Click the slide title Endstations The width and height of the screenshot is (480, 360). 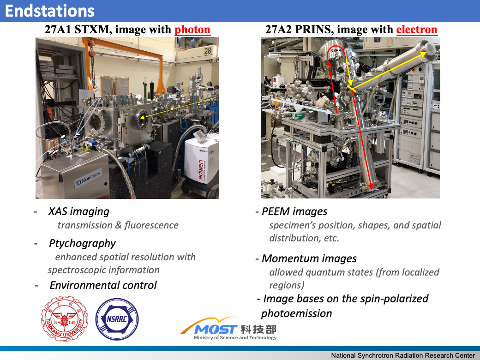click(x=50, y=11)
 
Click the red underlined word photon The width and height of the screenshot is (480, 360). click(x=192, y=30)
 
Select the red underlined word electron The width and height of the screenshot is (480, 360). click(x=417, y=30)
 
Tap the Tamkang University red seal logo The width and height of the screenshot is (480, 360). click(x=64, y=319)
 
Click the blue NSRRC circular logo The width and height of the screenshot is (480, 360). click(x=117, y=319)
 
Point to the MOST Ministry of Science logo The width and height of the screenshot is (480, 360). click(x=229, y=330)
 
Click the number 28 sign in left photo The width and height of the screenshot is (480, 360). click(x=208, y=51)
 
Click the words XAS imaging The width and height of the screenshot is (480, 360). click(x=79, y=211)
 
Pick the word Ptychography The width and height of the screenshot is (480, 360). click(x=82, y=243)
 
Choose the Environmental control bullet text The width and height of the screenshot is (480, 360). click(x=103, y=285)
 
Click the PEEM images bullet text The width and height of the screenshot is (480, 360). click(x=294, y=211)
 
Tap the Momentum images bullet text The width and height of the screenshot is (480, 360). click(x=309, y=258)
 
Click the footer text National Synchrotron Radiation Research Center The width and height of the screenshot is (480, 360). click(x=402, y=355)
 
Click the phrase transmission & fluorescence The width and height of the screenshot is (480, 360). click(x=118, y=225)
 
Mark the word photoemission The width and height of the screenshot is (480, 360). click(x=296, y=313)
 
